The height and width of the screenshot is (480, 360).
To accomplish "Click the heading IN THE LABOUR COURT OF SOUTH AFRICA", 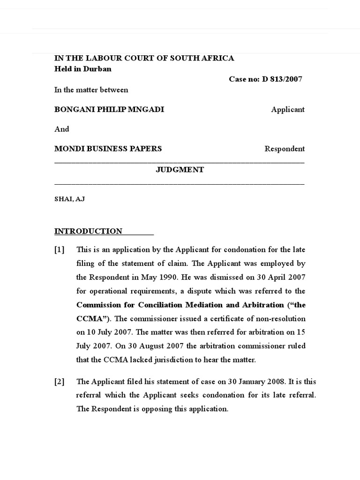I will click(144, 58).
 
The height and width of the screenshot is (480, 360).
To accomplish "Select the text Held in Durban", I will click(83, 69).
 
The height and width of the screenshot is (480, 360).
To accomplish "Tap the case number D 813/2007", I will click(282, 79).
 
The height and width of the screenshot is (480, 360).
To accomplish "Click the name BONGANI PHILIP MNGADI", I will click(109, 109).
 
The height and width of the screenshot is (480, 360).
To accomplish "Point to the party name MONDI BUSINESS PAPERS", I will click(108, 149).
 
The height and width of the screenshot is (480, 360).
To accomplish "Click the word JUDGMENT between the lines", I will click(180, 170).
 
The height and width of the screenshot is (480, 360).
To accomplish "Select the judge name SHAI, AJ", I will click(69, 199).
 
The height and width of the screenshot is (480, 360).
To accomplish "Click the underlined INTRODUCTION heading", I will click(88, 231).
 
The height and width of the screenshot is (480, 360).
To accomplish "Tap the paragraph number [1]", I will click(60, 249).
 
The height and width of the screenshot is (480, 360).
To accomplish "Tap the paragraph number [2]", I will click(60, 382).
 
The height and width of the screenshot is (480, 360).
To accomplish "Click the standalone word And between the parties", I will click(61, 129).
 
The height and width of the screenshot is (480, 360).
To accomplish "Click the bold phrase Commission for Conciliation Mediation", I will click(164, 305).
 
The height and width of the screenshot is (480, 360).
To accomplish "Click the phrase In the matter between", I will click(91, 90).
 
